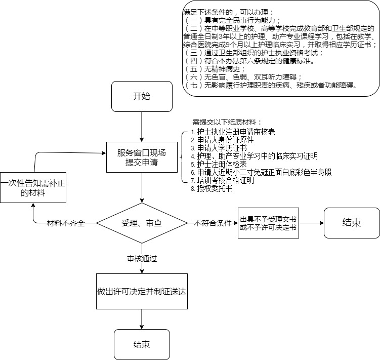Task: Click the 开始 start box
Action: click(142, 97)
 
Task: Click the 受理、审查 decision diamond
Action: click(142, 223)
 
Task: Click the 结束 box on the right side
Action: click(351, 223)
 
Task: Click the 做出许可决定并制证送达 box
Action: click(142, 292)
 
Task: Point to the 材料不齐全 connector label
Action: click(65, 223)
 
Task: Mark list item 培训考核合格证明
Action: click(225, 180)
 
